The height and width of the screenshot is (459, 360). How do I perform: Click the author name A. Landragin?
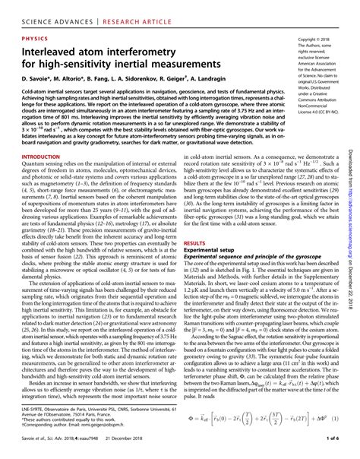point(243,80)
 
